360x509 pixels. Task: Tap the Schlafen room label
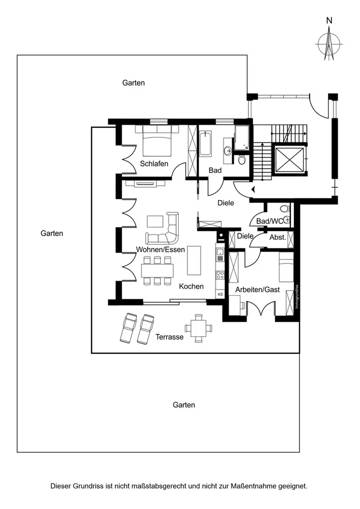pyautogui.click(x=154, y=163)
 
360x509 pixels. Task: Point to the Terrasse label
pyautogui.click(x=169, y=337)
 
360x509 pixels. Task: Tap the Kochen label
pyautogui.click(x=191, y=287)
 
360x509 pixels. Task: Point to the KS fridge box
pyautogui.click(x=220, y=295)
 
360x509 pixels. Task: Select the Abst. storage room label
pyautogui.click(x=278, y=237)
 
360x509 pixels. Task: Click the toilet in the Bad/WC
pyautogui.click(x=285, y=209)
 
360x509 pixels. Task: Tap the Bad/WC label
pyautogui.click(x=268, y=220)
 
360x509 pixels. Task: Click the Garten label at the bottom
pyautogui.click(x=184, y=405)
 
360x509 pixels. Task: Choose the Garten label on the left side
pyautogui.click(x=52, y=234)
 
